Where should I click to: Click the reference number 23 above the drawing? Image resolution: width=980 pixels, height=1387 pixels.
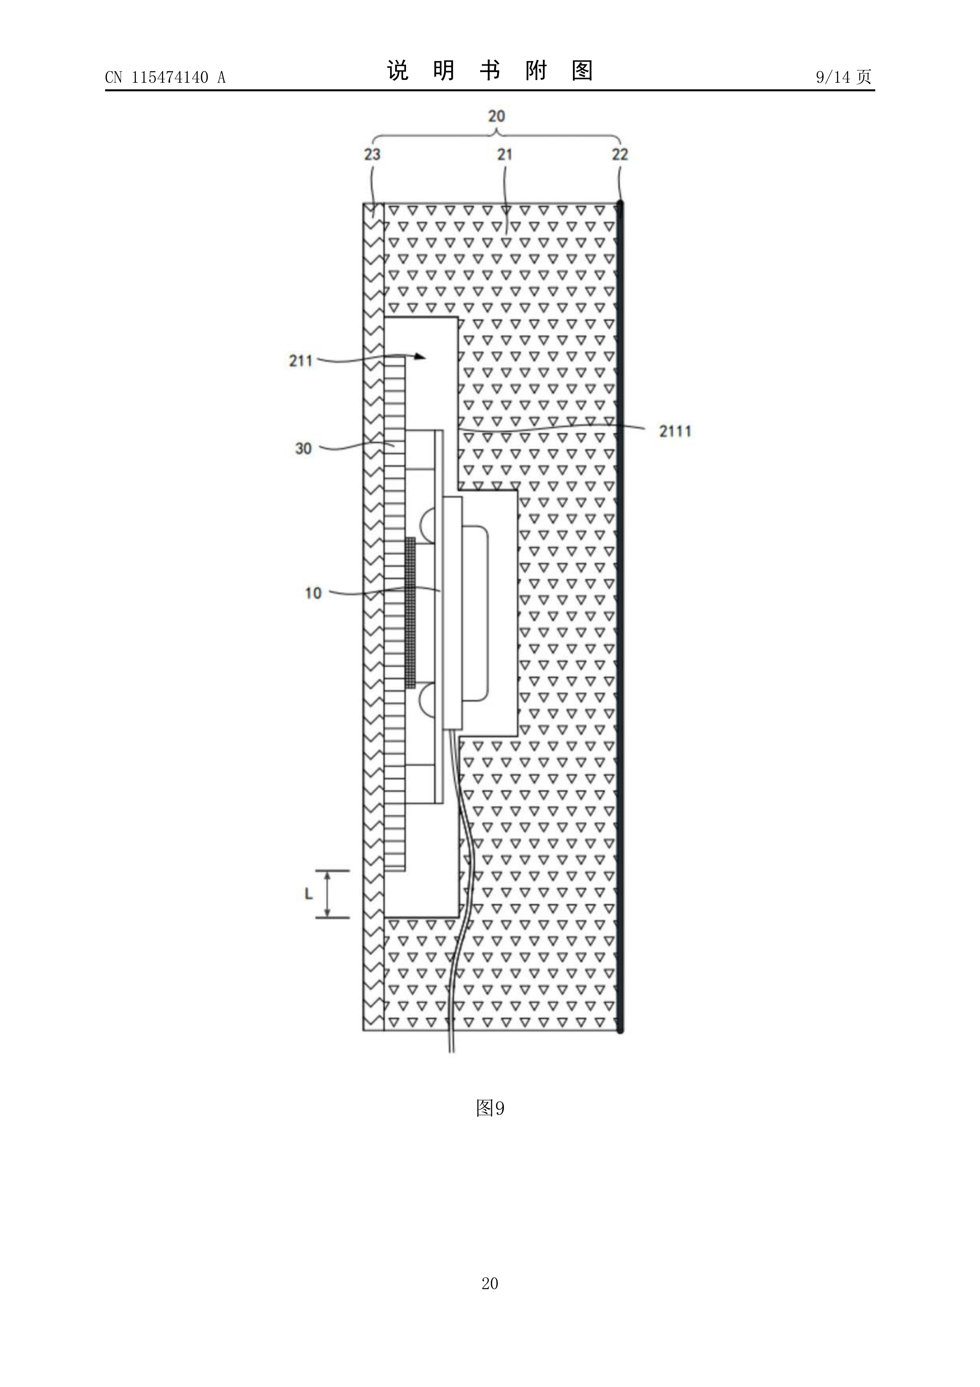point(372,155)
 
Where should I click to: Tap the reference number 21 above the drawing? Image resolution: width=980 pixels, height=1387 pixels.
point(505,155)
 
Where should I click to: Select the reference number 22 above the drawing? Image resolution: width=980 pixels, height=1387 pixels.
point(620,155)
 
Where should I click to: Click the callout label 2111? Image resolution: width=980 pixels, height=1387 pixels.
point(675,431)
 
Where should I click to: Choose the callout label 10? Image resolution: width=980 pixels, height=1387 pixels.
point(313,593)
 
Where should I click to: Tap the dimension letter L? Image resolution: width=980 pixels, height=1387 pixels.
point(309,894)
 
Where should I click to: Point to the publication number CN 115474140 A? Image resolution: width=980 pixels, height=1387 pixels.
point(166,77)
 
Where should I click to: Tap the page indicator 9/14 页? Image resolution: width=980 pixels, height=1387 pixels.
point(844,77)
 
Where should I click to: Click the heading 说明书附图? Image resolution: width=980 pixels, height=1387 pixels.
point(490,71)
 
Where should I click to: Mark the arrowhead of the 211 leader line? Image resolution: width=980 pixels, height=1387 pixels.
point(420,357)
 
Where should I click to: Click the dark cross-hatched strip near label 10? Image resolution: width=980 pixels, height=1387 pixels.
point(411,613)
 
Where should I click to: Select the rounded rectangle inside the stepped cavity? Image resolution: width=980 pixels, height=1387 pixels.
point(475,614)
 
